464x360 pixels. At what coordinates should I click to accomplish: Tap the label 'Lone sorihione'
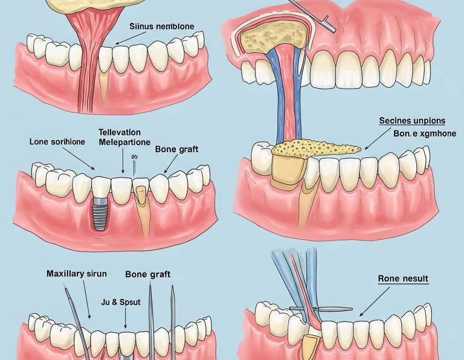[x=57, y=141]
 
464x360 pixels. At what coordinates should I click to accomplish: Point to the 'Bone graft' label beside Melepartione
[x=177, y=149]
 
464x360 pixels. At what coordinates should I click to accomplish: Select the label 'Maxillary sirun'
[x=76, y=274]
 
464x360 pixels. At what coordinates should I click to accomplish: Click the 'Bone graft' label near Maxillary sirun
[x=147, y=274]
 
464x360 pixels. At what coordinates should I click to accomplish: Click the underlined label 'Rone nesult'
[x=403, y=278]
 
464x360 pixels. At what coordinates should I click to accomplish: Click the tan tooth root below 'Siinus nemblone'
[x=103, y=85]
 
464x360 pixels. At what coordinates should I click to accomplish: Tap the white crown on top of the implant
[x=100, y=188]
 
